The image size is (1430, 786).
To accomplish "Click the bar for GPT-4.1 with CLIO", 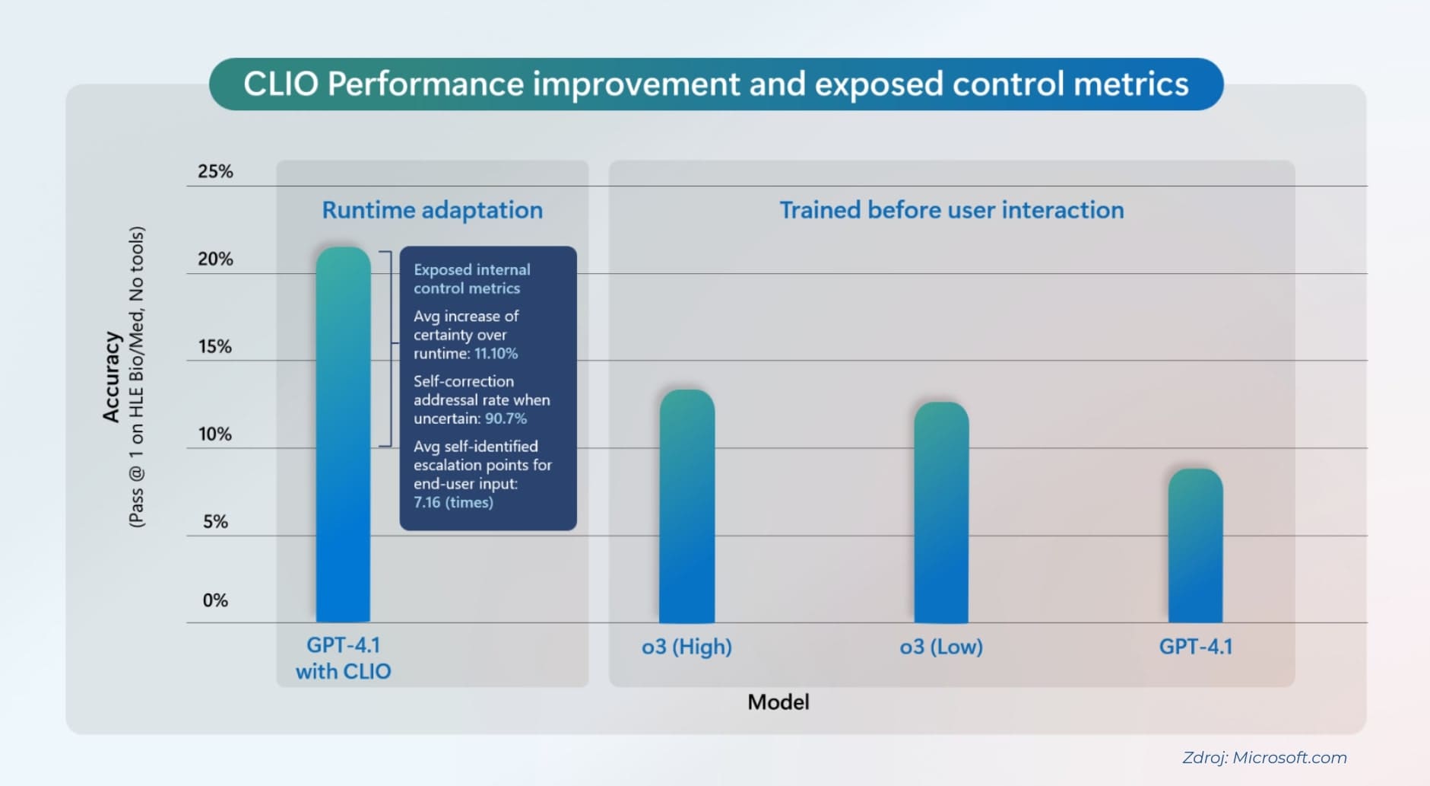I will pos(343,434).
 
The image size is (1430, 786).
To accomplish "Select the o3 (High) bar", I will pos(686,506).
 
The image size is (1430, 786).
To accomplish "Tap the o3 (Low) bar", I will pos(941,512).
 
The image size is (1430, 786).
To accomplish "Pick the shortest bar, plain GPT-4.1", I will pos(1195,546).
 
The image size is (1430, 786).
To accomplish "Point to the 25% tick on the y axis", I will pos(215,172).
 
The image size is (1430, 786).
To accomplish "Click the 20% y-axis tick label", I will pos(215,259).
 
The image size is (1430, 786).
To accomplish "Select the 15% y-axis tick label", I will pos(215,347).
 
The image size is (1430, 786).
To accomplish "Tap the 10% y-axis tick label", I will pos(215,434).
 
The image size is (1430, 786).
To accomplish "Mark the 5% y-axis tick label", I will pos(215,522).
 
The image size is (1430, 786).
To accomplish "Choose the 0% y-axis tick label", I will pos(215,600).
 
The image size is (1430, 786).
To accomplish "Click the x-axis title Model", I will pos(778,702).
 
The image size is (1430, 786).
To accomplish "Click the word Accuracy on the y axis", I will pos(112,377).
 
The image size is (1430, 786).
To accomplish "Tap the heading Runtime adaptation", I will pos(432,210).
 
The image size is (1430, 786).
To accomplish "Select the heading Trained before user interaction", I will pos(951,210).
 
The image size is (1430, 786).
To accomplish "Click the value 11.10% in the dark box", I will pos(496,354).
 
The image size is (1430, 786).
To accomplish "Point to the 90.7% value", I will pos(506,418).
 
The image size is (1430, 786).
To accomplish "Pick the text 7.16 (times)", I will pos(453,502).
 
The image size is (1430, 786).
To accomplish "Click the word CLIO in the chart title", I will pos(281,84).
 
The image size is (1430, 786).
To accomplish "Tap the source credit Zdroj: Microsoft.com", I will pos(1264,758).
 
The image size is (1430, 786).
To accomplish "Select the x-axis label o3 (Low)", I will pos(941,647).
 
